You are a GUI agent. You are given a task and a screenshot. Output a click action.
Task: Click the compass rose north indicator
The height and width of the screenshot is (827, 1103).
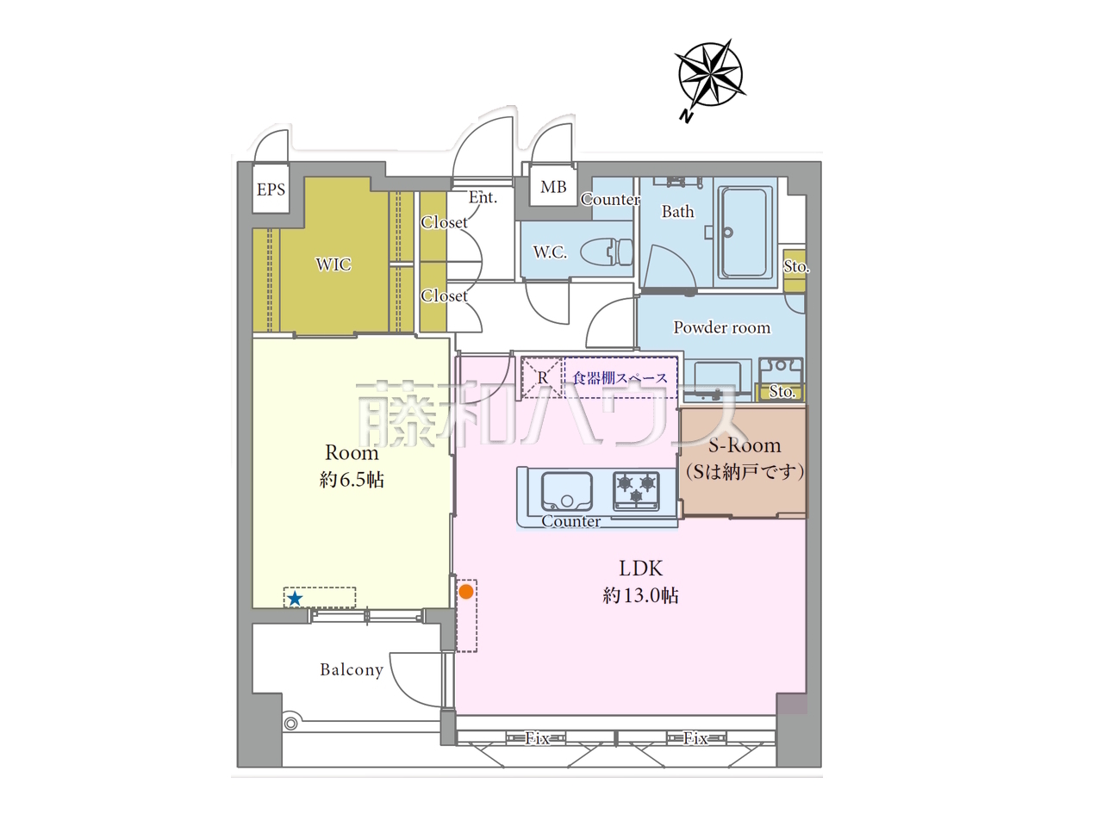[709, 75]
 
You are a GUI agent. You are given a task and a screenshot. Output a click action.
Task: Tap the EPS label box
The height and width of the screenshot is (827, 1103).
[271, 190]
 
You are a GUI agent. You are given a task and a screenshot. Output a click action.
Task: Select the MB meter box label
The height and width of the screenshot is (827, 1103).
[553, 187]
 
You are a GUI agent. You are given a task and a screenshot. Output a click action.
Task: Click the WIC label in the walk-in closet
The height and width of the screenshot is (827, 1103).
[333, 264]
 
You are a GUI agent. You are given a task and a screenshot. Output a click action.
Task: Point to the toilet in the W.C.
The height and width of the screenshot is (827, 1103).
[607, 251]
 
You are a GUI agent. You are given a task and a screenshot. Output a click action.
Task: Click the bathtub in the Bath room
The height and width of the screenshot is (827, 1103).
[745, 233]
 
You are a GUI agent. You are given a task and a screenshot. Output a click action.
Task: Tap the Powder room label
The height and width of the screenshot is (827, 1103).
[721, 327]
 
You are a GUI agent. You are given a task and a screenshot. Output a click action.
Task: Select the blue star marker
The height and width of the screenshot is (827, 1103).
[295, 598]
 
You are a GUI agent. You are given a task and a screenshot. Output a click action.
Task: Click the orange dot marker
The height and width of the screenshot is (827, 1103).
[466, 592]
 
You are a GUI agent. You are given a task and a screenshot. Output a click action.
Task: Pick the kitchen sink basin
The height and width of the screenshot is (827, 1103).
[566, 491]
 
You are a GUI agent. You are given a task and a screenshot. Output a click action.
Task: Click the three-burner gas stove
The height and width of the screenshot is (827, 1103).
[636, 490]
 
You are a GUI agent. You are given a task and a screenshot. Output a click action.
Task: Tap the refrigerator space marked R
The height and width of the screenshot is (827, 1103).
[542, 377]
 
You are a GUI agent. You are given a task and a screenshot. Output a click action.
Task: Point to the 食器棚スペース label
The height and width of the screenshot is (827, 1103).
[620, 377]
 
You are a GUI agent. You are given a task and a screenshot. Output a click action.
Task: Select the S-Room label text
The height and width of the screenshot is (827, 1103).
[745, 445]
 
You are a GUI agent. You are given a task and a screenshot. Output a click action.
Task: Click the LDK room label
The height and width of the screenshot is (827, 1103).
[641, 568]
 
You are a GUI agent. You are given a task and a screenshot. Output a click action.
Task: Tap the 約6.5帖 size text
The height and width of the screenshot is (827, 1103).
[352, 480]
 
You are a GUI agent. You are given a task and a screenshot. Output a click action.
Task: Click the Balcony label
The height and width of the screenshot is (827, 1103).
[352, 669]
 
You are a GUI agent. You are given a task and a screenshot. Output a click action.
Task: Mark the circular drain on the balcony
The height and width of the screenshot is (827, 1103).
[290, 724]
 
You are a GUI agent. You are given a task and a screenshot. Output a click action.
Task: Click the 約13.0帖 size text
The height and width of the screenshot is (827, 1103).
[641, 595]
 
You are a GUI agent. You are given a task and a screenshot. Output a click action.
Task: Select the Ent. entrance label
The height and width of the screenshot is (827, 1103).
[483, 197]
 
